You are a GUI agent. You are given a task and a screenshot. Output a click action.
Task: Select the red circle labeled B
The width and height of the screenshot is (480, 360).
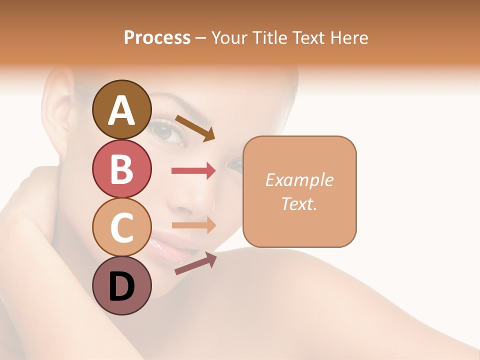point(121,168)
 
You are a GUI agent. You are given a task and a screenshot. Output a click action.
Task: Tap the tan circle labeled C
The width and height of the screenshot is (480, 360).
point(121,227)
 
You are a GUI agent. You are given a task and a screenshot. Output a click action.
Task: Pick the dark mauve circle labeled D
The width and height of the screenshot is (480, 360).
point(121,285)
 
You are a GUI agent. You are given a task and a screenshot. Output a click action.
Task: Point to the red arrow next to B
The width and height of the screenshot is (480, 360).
point(193,171)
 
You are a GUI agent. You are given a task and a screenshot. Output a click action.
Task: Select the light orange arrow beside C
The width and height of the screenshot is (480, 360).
point(193,225)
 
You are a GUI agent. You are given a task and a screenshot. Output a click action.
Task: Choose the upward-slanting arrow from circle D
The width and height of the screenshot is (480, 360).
point(195,263)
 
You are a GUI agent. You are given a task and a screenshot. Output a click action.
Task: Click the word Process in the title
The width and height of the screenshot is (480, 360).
point(157,37)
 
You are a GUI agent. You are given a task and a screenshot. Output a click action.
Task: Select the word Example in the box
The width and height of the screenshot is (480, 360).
point(299,180)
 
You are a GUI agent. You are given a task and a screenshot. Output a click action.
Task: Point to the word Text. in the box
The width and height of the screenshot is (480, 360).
point(299,203)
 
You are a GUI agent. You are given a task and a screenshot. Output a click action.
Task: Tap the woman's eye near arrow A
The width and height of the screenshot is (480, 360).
point(164,131)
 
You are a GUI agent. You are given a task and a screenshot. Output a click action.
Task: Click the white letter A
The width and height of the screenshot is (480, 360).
point(121,110)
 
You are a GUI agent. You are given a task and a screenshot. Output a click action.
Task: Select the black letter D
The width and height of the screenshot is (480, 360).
point(121,287)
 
